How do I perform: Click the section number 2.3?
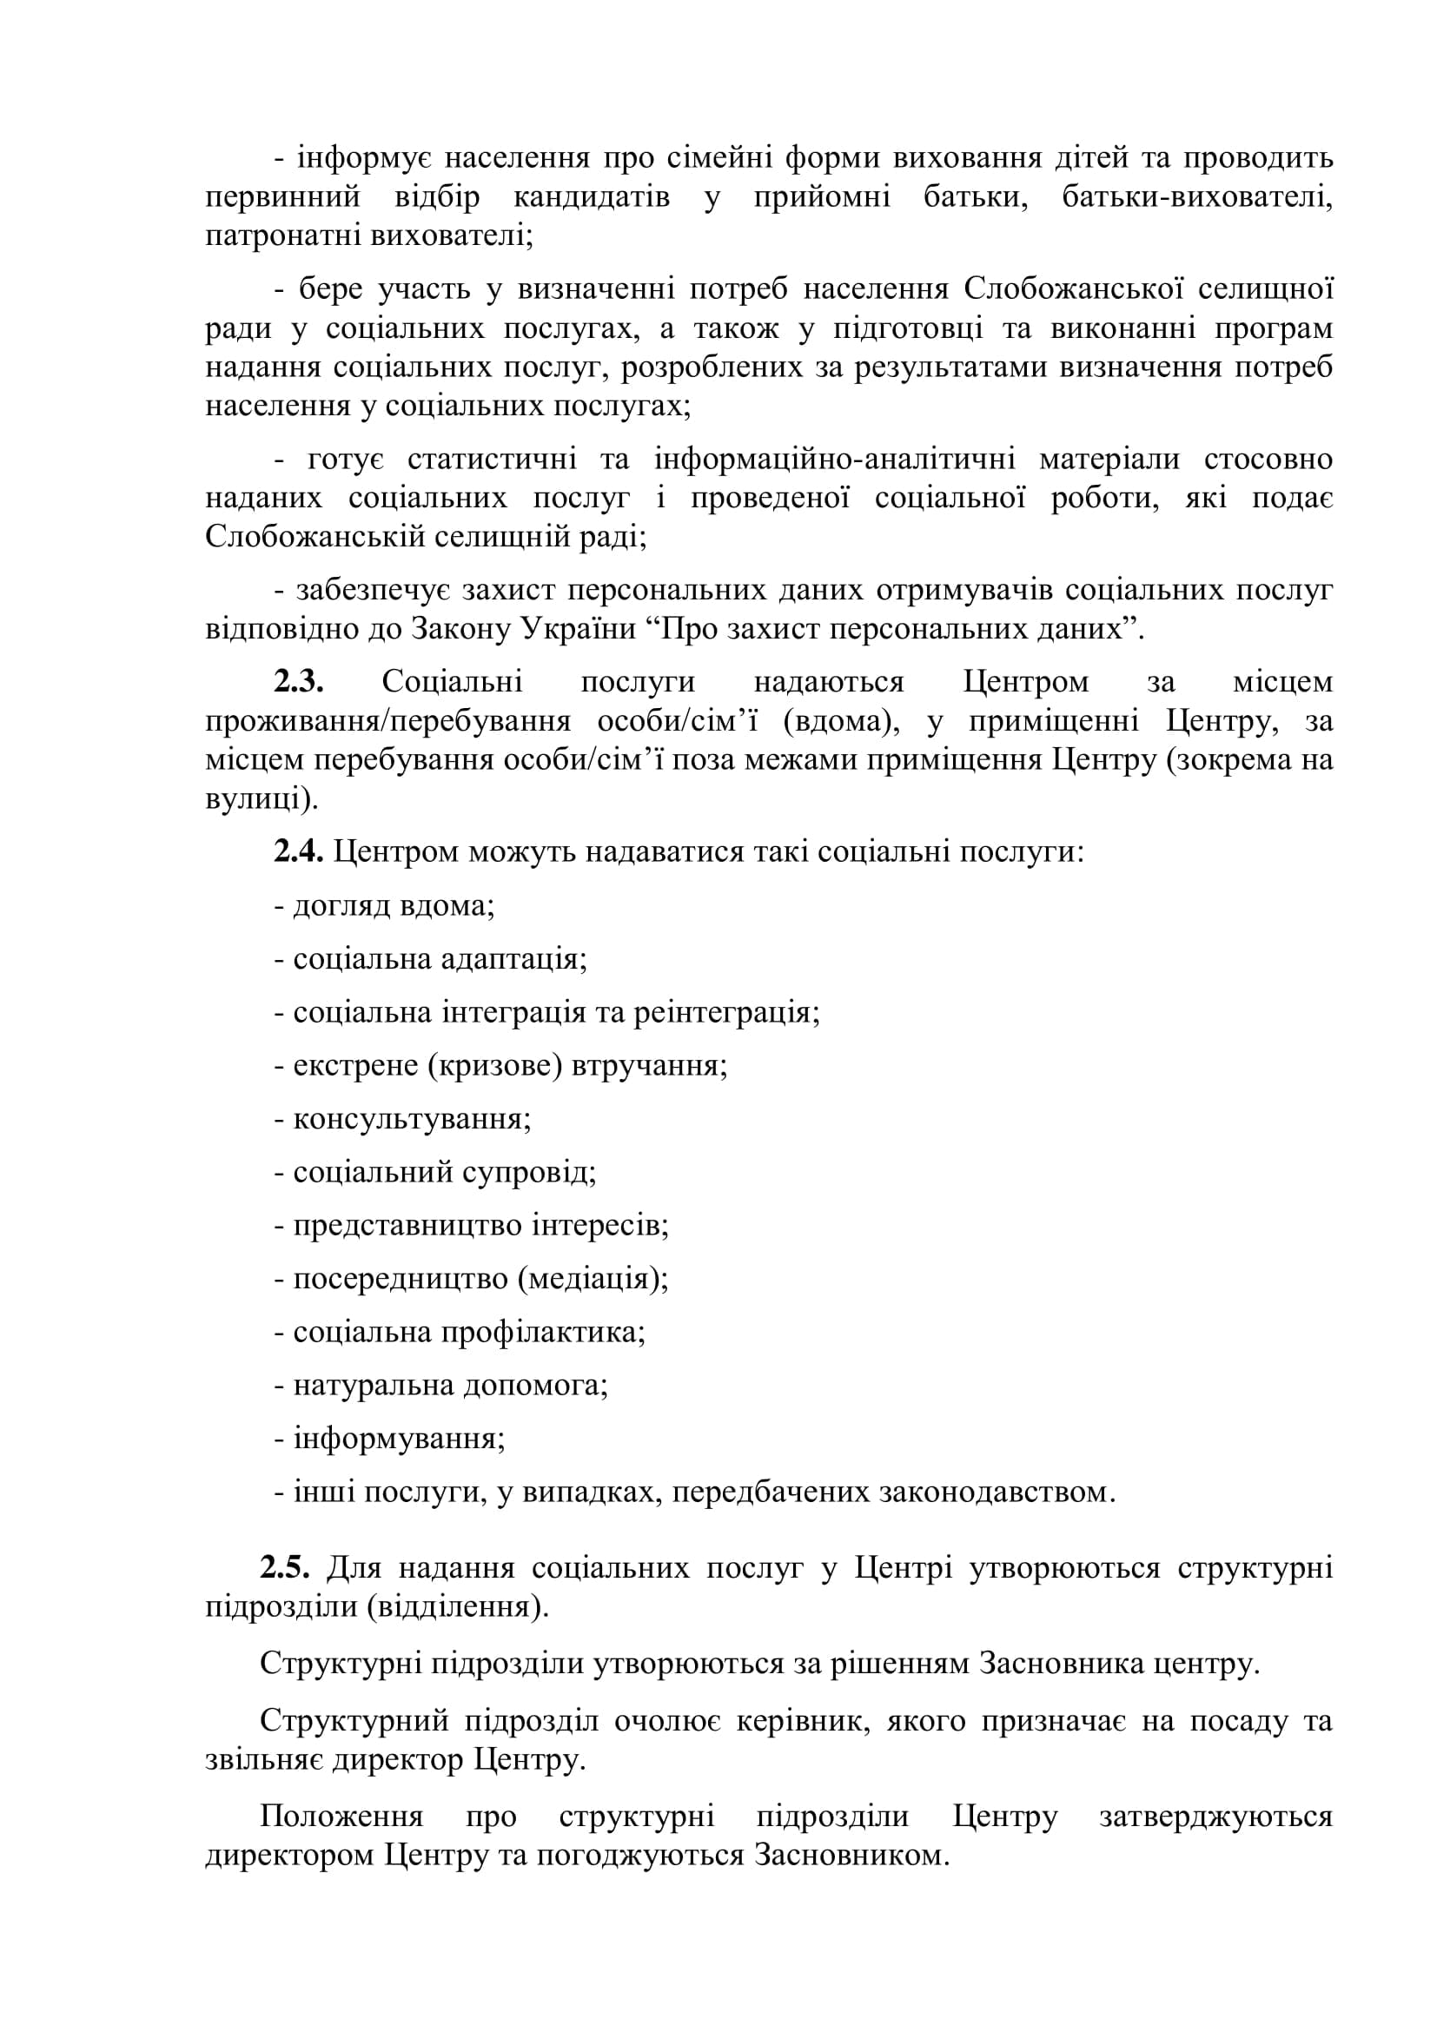(x=298, y=682)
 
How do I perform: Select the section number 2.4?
(x=298, y=851)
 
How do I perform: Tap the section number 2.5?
(x=284, y=1567)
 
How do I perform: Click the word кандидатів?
(x=591, y=197)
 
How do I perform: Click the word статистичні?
(x=491, y=460)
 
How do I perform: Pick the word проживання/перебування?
(x=387, y=721)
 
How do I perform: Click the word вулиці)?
(x=261, y=799)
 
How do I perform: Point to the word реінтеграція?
(x=726, y=1012)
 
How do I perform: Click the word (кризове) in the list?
(x=494, y=1066)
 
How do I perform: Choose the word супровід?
(x=539, y=1173)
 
